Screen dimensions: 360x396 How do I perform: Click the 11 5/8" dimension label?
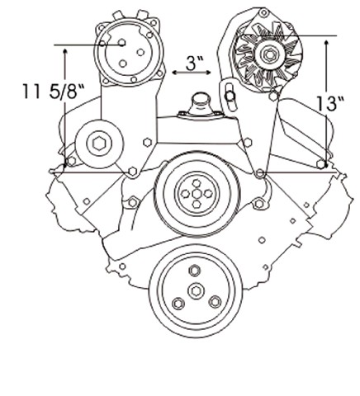pyautogui.click(x=53, y=91)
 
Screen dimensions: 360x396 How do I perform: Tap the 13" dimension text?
pyautogui.click(x=330, y=104)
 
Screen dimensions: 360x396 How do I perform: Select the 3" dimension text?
pyautogui.click(x=195, y=63)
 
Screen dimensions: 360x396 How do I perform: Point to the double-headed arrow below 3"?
pyautogui.click(x=192, y=73)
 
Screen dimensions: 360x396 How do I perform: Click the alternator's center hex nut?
pyautogui.click(x=269, y=54)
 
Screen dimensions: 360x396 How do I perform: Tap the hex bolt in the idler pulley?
pyautogui.click(x=99, y=144)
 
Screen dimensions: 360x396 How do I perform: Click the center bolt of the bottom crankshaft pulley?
pyautogui.click(x=196, y=291)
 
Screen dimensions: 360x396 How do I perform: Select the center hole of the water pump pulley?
pyautogui.click(x=197, y=194)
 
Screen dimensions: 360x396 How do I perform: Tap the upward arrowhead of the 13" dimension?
pyautogui.click(x=326, y=43)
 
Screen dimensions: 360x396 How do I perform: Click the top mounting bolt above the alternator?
pyautogui.click(x=264, y=12)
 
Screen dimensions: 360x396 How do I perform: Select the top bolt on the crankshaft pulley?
pyautogui.click(x=194, y=271)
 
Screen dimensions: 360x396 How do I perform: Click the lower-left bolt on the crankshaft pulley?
pyautogui.click(x=178, y=304)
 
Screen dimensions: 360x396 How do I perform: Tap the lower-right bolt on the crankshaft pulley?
pyautogui.click(x=215, y=302)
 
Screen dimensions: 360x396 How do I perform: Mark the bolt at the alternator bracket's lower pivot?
pyautogui.click(x=259, y=173)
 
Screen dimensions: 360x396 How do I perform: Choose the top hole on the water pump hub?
pyautogui.click(x=196, y=183)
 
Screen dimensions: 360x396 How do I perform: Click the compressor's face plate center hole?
pyautogui.click(x=121, y=42)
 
